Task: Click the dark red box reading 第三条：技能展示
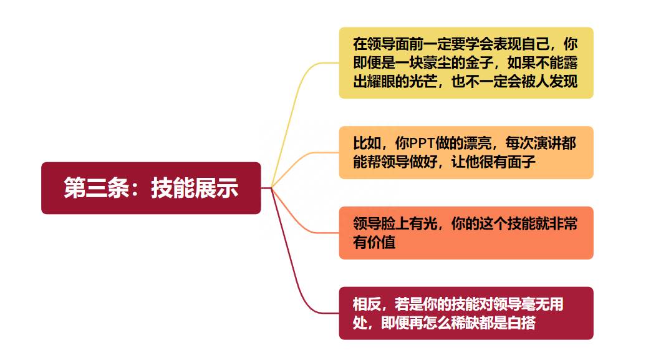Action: (151, 188)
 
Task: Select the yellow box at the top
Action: (466, 63)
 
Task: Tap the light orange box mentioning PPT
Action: (466, 153)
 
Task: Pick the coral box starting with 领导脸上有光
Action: (466, 233)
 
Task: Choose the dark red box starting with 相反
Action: (466, 313)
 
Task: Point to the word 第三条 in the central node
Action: (97, 188)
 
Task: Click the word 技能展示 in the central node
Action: (195, 188)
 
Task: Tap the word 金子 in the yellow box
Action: (480, 63)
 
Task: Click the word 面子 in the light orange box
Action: (521, 162)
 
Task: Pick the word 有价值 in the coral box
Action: (374, 242)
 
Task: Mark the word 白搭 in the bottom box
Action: (521, 323)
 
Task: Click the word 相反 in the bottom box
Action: (367, 304)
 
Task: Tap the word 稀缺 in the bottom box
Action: (465, 323)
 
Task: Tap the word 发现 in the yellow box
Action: (563, 81)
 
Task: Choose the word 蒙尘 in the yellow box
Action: (423, 63)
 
